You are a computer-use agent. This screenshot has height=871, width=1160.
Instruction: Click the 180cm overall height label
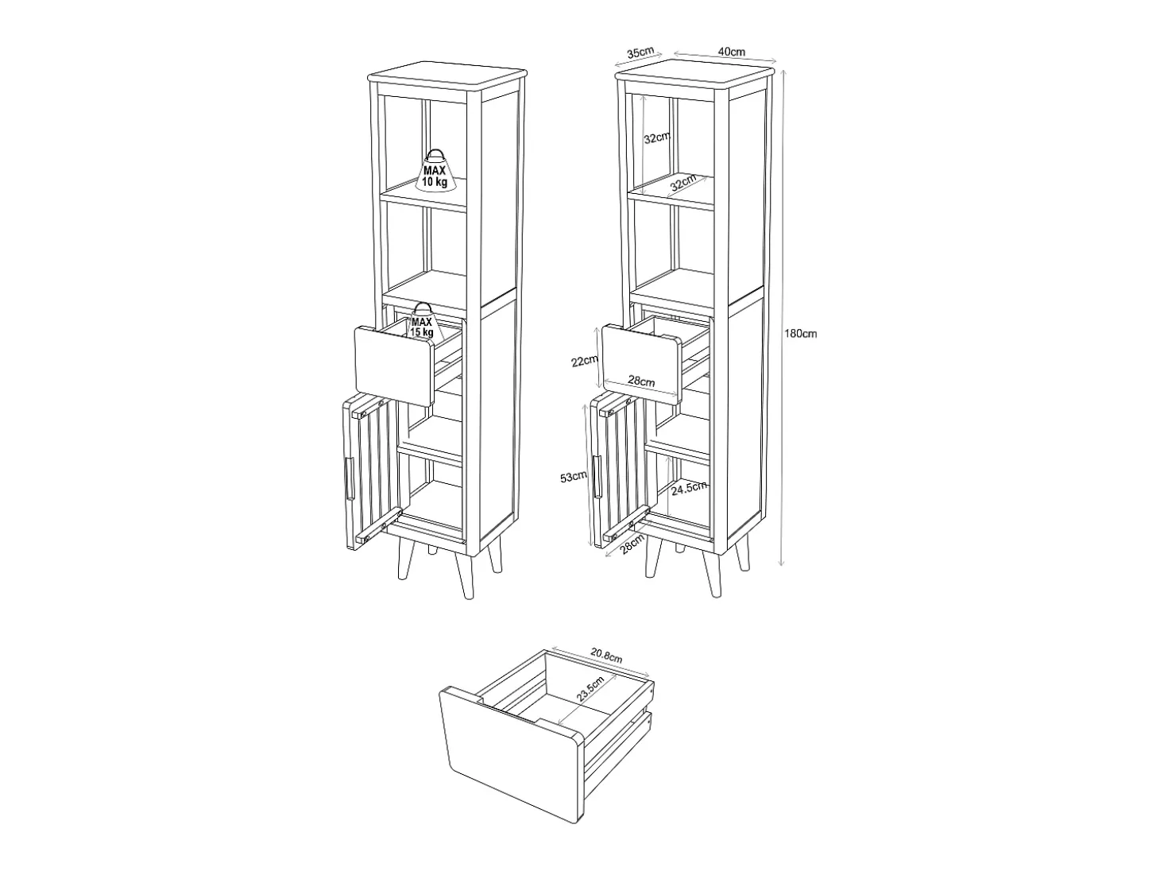click(x=800, y=334)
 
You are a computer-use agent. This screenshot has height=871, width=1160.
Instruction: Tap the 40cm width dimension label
click(x=732, y=52)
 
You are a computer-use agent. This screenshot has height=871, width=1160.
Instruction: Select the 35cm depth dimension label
click(x=640, y=52)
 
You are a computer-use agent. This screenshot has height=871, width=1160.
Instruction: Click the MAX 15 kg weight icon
click(x=422, y=321)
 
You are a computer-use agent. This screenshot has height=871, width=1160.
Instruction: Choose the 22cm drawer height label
click(x=584, y=361)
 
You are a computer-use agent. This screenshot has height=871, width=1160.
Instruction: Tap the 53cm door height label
click(x=574, y=476)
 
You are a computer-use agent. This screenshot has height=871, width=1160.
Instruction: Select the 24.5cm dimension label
click(x=689, y=487)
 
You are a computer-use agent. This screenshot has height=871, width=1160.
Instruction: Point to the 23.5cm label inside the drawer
click(x=590, y=689)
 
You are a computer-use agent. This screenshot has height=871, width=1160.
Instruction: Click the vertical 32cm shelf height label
click(x=657, y=138)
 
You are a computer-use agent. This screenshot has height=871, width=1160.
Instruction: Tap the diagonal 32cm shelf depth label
click(x=682, y=183)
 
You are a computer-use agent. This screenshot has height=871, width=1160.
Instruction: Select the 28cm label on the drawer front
click(x=641, y=380)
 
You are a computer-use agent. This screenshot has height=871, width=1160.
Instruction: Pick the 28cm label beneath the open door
click(x=632, y=544)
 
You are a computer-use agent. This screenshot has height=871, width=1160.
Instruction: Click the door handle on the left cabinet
click(x=350, y=478)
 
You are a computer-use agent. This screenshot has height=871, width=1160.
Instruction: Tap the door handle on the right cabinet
click(x=597, y=476)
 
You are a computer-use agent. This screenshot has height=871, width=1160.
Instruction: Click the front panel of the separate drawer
click(x=510, y=754)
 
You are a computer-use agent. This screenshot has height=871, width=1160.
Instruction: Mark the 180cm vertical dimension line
click(x=782, y=316)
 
